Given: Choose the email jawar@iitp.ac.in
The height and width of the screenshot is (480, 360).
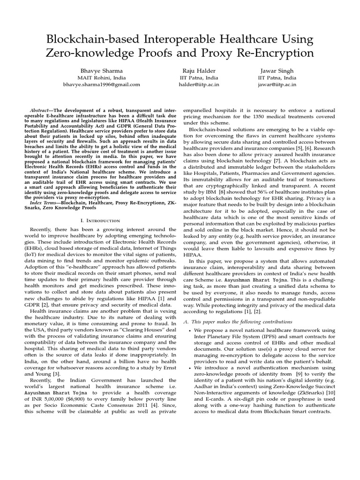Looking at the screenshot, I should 277,84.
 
